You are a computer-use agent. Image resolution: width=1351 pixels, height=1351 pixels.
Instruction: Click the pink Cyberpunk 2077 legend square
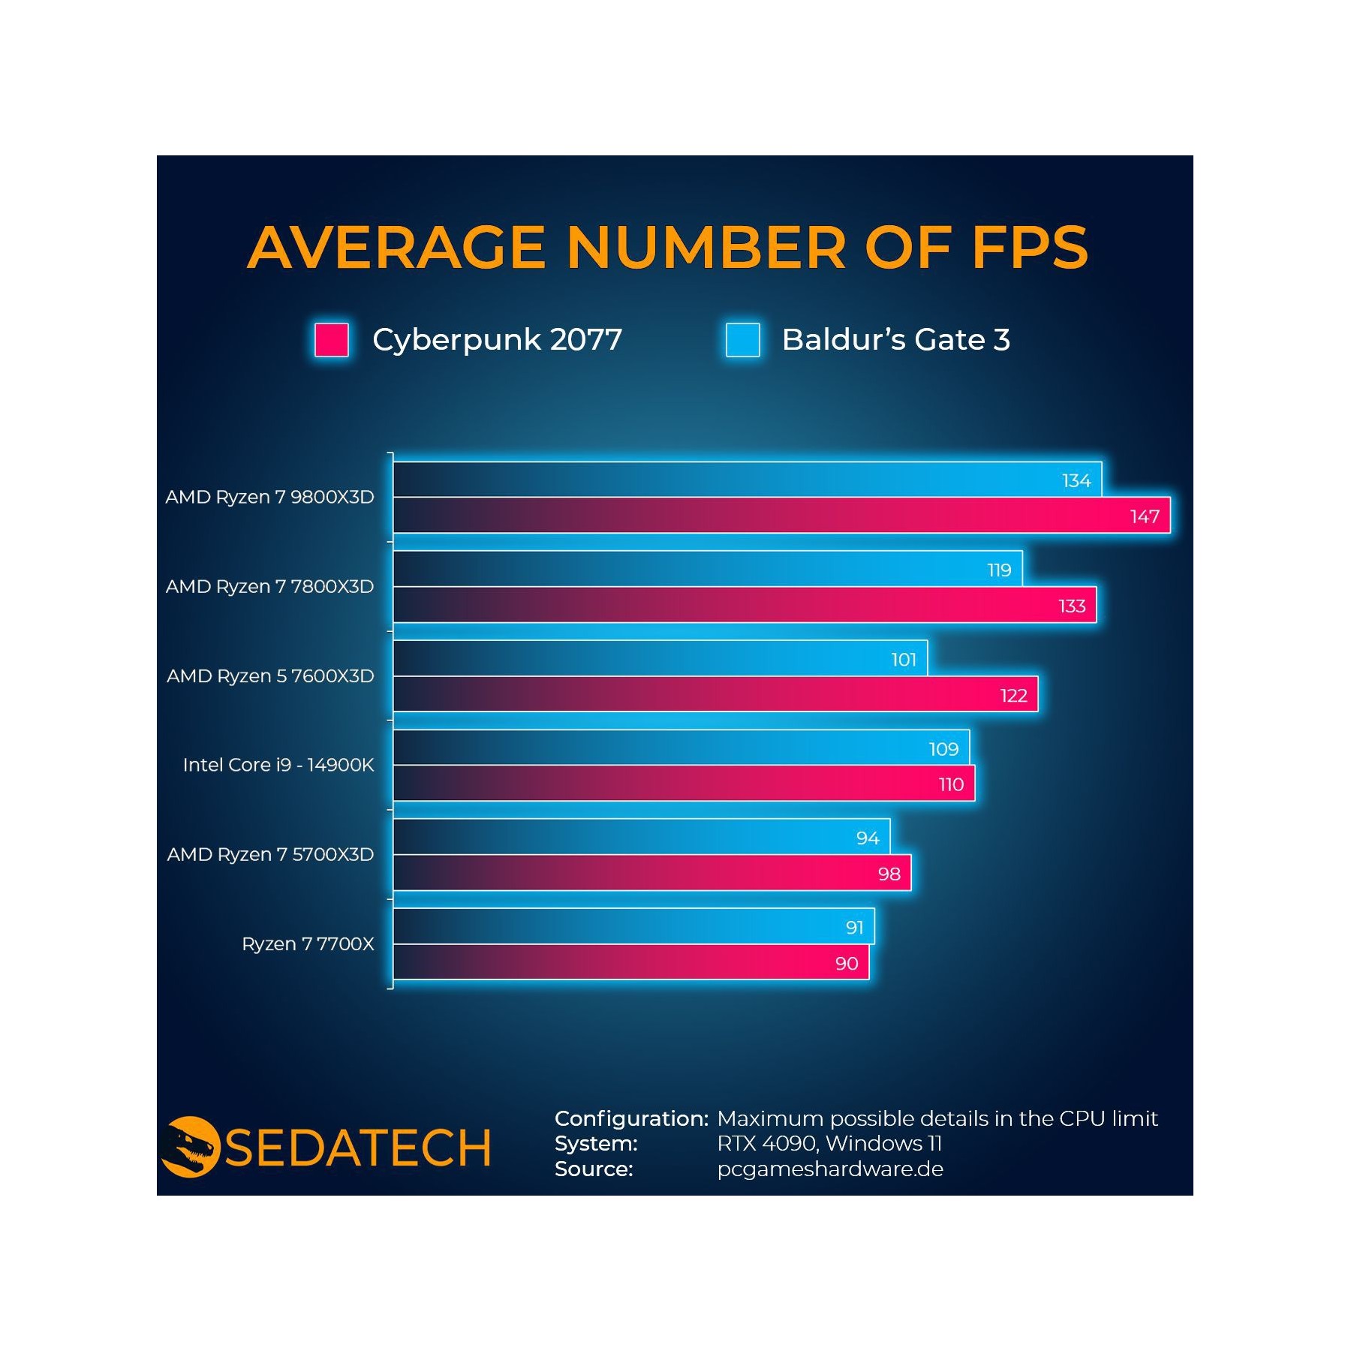click(331, 340)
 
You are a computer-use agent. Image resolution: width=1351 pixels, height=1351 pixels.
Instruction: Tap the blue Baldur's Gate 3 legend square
click(742, 340)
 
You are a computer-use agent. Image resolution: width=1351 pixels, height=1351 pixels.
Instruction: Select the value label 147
click(1145, 516)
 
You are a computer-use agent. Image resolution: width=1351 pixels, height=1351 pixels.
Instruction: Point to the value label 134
click(1076, 480)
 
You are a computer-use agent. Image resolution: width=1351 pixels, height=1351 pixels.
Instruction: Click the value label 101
click(904, 660)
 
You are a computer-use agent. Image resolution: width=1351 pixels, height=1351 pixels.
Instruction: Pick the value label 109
click(943, 749)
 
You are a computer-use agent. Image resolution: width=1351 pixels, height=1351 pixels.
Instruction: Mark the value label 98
click(889, 874)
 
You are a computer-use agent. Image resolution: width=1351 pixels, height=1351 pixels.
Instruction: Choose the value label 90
click(847, 964)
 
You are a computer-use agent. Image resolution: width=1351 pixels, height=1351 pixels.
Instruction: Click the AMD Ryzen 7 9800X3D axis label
click(270, 498)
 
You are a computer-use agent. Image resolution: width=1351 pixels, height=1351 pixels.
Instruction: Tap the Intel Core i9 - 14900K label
click(278, 765)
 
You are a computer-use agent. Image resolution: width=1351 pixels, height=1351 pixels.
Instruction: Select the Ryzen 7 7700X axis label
click(308, 944)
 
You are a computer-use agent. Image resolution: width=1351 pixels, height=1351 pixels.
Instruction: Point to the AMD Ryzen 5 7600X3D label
click(270, 676)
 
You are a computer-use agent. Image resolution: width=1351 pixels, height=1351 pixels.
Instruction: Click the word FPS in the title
click(1030, 247)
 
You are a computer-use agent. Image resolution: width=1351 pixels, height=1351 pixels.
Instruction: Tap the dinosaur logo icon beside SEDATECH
click(190, 1147)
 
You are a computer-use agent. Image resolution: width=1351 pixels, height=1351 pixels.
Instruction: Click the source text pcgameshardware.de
click(830, 1169)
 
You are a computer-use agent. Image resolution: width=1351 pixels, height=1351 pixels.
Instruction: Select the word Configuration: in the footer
click(631, 1118)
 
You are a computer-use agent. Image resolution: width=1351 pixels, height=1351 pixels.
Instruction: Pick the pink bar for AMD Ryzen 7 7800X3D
click(745, 605)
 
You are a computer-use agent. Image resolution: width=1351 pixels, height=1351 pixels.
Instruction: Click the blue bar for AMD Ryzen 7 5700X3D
click(642, 837)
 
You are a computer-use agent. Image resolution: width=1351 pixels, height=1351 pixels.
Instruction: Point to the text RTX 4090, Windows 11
click(829, 1144)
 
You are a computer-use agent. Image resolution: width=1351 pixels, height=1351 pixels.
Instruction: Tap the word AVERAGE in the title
click(397, 247)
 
